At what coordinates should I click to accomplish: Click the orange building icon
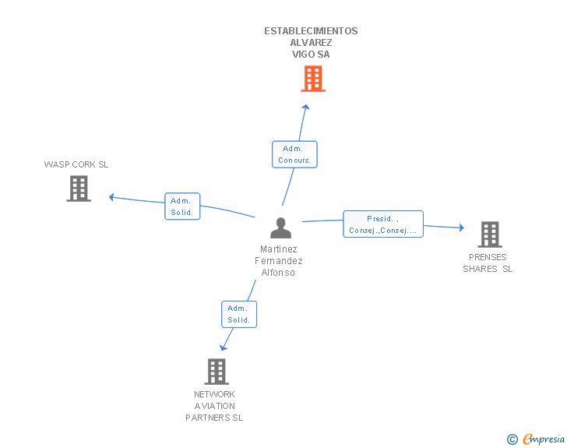pos(313,79)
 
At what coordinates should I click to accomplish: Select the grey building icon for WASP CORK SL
pos(79,189)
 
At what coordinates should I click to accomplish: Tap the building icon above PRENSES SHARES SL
pos(490,235)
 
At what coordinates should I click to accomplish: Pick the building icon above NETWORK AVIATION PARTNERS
pos(217,372)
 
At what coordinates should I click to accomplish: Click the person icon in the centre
pos(280,228)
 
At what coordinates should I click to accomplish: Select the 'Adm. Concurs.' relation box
pos(294,154)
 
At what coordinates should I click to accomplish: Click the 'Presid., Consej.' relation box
pos(383,224)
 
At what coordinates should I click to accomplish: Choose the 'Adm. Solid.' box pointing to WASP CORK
pos(182,206)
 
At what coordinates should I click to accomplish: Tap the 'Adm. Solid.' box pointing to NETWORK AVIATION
pos(239,315)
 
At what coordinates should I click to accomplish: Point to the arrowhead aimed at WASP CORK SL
pos(111,197)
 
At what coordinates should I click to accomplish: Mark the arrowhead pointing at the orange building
pos(306,107)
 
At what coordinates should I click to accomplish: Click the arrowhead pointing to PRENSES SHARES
pos(462,228)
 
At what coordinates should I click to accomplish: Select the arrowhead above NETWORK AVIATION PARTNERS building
pos(223,348)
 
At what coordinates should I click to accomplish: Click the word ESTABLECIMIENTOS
pos(311,31)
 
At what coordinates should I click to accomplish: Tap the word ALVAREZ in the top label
pos(311,43)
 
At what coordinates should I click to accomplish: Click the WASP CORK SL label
pos(76,164)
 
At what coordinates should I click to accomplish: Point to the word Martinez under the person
pos(279,249)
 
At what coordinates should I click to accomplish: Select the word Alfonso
pos(278,273)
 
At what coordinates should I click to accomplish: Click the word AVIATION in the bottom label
pos(215,406)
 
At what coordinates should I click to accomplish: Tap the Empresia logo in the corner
pos(536,439)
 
